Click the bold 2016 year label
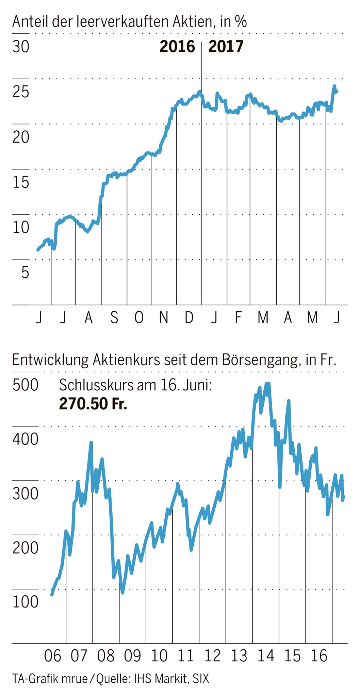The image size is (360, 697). point(177,47)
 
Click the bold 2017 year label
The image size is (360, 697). point(226,47)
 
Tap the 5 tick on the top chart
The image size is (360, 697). point(25,273)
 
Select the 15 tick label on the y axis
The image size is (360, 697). point(21,183)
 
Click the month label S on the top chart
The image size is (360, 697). point(114,318)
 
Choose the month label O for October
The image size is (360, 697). point(139,318)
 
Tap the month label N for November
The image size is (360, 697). point(164,318)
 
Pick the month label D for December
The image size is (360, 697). point(189,318)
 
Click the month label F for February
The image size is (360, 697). point(238,318)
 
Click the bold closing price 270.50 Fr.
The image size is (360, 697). point(93,404)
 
